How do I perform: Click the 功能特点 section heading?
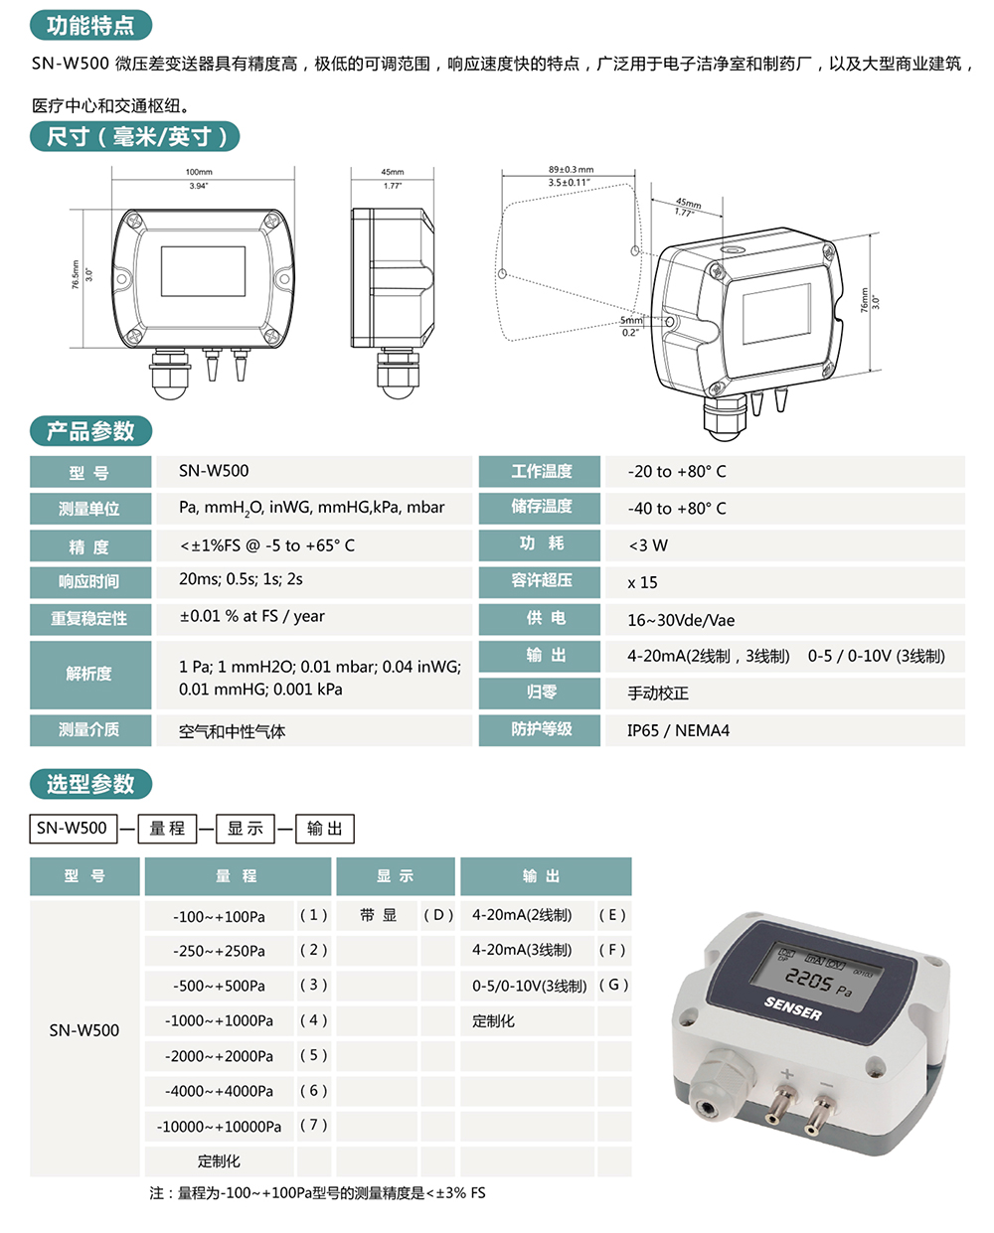(x=90, y=25)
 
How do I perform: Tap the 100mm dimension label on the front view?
(x=199, y=172)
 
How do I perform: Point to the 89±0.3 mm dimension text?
(x=571, y=170)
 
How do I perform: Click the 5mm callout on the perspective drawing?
(x=631, y=320)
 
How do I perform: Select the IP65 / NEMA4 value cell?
(x=678, y=730)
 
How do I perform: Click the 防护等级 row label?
(x=541, y=729)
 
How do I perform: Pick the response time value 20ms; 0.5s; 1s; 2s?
(x=241, y=579)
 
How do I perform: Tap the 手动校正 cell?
(x=657, y=694)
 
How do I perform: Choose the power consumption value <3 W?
(x=648, y=545)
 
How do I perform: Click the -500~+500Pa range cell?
(x=219, y=986)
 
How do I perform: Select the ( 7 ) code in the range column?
(x=313, y=1126)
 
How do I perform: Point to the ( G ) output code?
(x=613, y=985)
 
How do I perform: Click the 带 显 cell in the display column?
(x=379, y=915)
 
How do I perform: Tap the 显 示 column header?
(x=395, y=876)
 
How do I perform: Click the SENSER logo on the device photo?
(x=793, y=1008)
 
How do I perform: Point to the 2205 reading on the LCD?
(x=809, y=980)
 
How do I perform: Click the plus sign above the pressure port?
(x=787, y=1074)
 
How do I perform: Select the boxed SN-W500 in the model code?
(x=73, y=829)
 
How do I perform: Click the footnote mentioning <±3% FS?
(x=317, y=1193)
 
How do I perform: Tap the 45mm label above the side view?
(x=393, y=172)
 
